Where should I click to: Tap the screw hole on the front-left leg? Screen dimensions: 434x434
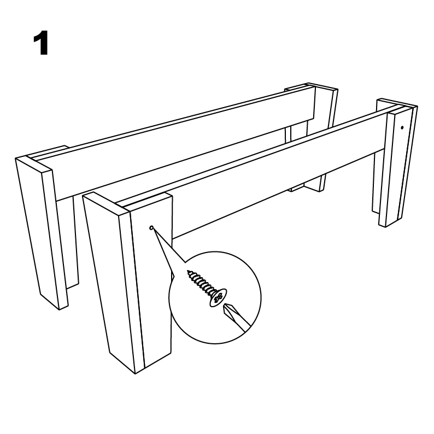point(151,227)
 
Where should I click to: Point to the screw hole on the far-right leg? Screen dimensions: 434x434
point(402,127)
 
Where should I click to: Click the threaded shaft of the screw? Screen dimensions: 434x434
point(201,283)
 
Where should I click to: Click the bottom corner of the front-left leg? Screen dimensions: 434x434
point(135,374)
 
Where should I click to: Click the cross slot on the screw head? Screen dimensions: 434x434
point(219,298)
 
